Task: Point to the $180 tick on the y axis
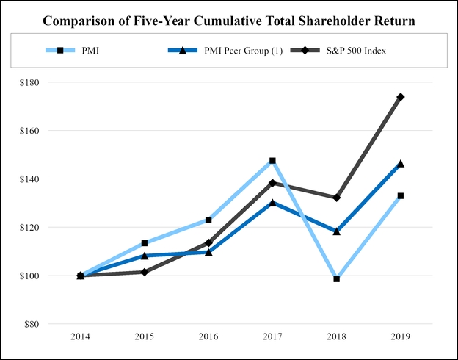click(31, 82)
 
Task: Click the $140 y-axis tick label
click(31, 179)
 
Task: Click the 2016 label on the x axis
click(208, 336)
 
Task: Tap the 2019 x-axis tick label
click(400, 336)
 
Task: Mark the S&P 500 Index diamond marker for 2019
click(400, 97)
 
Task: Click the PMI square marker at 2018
click(336, 279)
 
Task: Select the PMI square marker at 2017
click(272, 160)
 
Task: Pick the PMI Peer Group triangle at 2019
click(400, 164)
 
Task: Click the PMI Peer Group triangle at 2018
click(336, 231)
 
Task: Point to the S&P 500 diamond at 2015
click(145, 272)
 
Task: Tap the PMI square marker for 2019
click(400, 196)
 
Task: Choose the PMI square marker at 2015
click(145, 243)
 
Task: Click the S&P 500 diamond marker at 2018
click(336, 198)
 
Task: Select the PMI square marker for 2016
click(208, 220)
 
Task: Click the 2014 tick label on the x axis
click(81, 336)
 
